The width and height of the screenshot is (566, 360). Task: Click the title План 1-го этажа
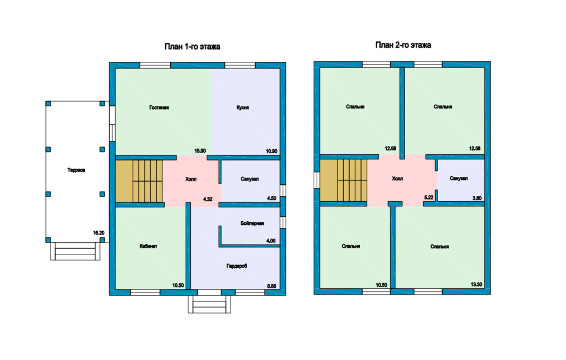coord(192,46)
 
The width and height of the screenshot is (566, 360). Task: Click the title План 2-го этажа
coord(403,45)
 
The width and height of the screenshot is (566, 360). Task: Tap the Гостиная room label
coord(159,107)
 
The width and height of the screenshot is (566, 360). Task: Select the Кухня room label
coord(242,107)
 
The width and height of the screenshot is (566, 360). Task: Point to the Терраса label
coord(76,170)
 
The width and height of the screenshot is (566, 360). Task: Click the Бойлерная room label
coord(252,223)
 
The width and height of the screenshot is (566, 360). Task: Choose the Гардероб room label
coord(237,266)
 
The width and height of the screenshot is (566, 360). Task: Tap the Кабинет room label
coord(149,247)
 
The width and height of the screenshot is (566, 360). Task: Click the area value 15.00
coord(200,151)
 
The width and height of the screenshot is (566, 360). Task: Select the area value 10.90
coord(271,151)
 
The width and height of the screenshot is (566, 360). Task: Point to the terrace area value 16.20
coord(99,233)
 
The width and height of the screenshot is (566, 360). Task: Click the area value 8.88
coord(271,286)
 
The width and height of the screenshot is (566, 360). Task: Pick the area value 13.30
coord(476,285)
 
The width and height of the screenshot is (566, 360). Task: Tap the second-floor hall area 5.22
coord(428,198)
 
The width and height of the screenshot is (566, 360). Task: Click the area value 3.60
coord(477,198)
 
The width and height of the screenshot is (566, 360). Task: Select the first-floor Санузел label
coord(249,179)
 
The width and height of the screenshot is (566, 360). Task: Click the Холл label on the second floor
coord(397,178)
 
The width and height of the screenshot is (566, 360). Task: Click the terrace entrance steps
coord(75,251)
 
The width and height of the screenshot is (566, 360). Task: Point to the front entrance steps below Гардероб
coord(209,304)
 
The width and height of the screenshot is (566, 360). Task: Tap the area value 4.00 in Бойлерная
coord(271,241)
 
